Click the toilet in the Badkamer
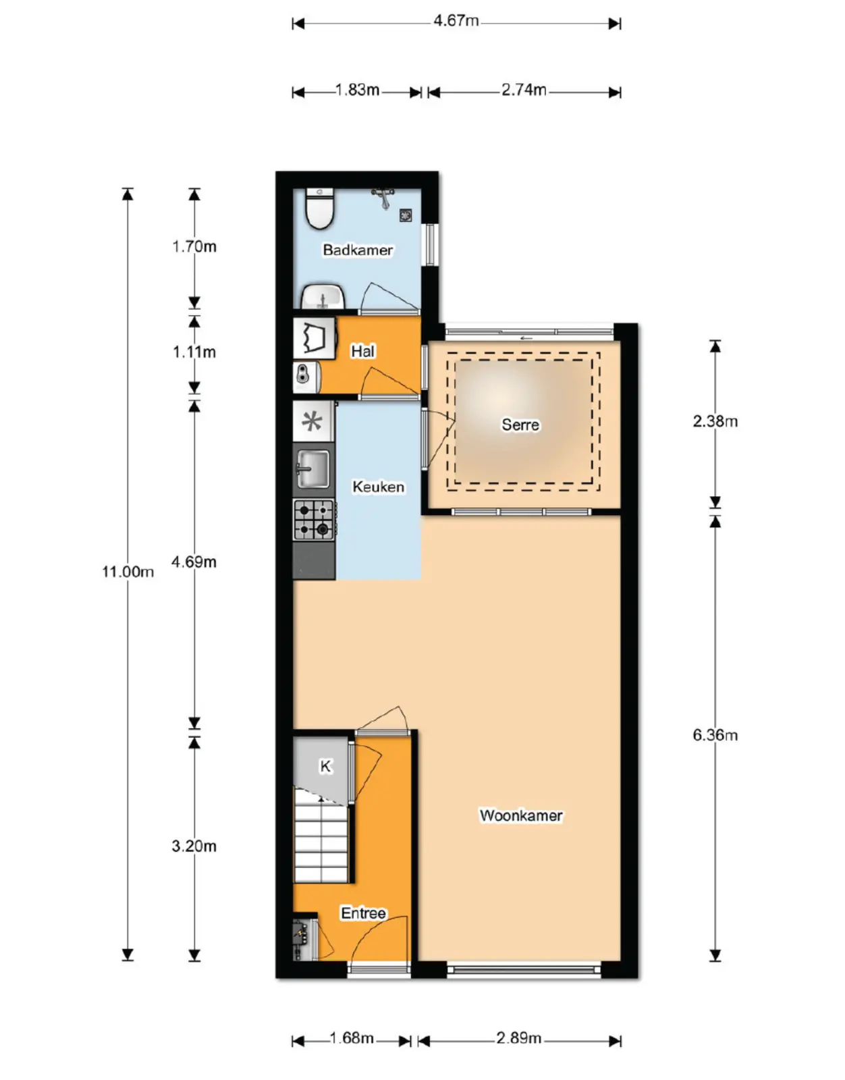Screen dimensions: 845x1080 (319, 208)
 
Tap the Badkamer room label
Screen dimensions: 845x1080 (358, 250)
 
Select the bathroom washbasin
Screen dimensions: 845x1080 (323, 297)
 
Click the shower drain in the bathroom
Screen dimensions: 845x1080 (406, 215)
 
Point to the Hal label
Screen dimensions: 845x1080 (362, 352)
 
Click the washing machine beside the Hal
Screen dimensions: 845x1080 (315, 338)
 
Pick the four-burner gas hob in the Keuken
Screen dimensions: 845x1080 (314, 520)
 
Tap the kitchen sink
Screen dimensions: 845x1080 (313, 468)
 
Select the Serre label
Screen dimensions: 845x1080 (520, 425)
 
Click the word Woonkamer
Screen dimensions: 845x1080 (520, 815)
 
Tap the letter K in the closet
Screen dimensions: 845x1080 (325, 766)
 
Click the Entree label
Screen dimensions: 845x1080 (363, 913)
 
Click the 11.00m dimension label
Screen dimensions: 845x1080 (128, 572)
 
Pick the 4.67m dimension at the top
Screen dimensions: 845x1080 (456, 20)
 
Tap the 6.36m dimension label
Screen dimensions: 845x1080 (715, 735)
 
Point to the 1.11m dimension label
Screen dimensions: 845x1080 (194, 352)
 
